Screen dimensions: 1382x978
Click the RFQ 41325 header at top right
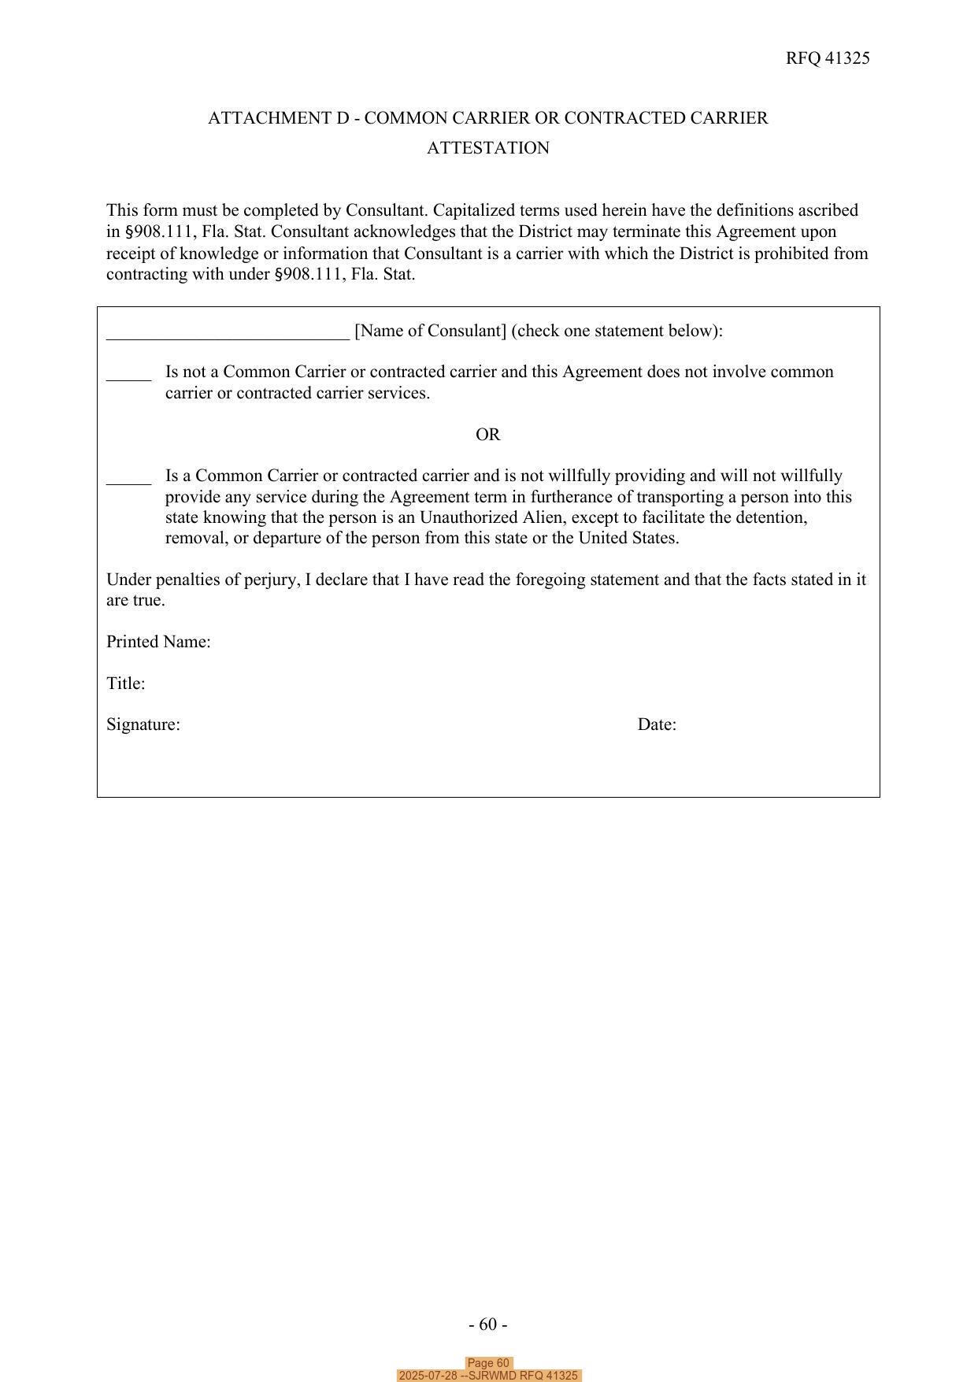(827, 58)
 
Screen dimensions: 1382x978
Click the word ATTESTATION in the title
(487, 148)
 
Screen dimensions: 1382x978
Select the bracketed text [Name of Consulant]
(430, 331)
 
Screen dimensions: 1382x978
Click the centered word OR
(487, 435)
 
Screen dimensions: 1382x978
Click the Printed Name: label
(158, 642)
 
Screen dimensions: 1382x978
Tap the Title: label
(126, 684)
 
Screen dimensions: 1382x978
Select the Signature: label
(143, 724)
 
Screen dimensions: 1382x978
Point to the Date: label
(657, 724)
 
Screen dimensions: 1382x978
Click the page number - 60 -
(487, 1325)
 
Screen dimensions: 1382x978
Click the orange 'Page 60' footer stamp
(488, 1363)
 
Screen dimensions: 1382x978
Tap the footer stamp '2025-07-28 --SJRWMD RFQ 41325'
(488, 1376)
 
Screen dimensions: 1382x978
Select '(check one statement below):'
(617, 331)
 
